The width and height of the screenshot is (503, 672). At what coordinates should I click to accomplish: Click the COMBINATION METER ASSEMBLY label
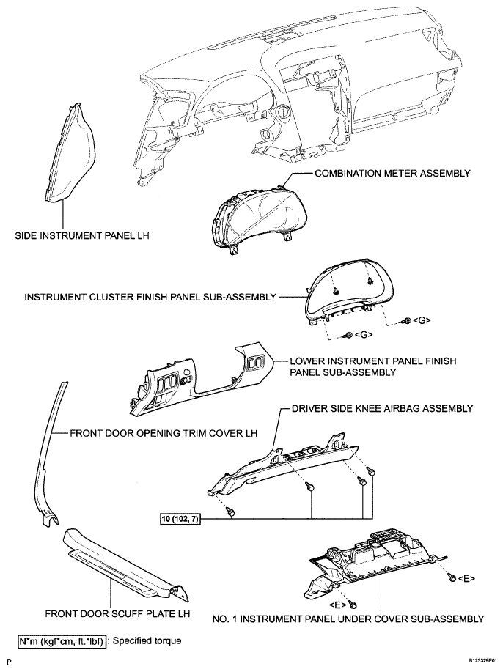point(392,173)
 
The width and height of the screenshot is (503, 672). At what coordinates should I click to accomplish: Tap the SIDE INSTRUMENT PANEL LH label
point(82,235)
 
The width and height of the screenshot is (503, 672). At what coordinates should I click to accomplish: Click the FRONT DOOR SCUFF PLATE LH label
point(117,613)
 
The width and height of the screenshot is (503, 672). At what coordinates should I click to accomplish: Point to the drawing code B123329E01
point(481,662)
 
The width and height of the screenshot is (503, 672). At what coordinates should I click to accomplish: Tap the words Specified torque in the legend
point(147,641)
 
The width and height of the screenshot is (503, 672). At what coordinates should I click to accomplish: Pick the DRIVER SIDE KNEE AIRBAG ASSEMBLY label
point(382,408)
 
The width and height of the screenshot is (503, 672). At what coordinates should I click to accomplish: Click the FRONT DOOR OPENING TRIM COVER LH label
point(164,433)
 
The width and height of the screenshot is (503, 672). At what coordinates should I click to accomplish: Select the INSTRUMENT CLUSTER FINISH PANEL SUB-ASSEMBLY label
point(150,297)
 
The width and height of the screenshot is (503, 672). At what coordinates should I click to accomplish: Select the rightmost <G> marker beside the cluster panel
point(421,320)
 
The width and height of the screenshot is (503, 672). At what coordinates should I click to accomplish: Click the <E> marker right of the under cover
point(466,578)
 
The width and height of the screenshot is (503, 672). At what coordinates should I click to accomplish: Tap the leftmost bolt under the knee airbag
point(231,512)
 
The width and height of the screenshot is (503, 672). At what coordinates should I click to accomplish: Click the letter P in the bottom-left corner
point(9,662)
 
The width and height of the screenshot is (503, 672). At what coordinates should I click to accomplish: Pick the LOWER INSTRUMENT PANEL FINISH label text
point(373,361)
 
